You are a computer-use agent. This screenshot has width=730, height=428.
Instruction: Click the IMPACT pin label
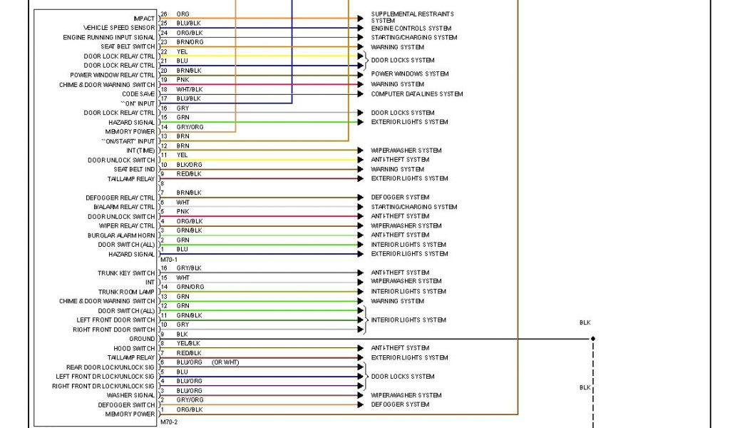coord(143,18)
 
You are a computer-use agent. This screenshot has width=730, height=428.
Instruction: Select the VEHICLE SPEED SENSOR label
coord(119,28)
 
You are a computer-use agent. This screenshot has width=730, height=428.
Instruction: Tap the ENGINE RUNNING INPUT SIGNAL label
coord(108,37)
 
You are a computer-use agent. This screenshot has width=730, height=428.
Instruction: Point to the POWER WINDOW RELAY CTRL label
coord(112,75)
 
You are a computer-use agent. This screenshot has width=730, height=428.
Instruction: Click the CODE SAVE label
coord(138,93)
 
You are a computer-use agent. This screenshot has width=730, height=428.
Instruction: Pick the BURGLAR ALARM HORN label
coord(121,235)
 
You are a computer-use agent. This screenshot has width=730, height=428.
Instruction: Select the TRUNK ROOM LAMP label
coord(126,292)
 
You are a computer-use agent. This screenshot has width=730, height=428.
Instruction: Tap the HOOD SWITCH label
coord(135,348)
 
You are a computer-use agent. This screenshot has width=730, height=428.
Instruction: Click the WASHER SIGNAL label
coord(130,395)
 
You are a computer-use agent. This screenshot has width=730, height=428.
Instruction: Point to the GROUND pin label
coord(142,339)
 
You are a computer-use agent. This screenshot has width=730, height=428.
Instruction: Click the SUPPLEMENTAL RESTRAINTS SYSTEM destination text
coord(412,17)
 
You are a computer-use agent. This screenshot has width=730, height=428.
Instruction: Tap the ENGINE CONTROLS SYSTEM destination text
coord(411,29)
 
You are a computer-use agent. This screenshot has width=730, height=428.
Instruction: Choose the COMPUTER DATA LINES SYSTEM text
coord(416,94)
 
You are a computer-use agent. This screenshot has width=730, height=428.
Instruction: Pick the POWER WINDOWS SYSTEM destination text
coord(409,74)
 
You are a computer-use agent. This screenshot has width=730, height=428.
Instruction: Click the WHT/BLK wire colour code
coord(189,89)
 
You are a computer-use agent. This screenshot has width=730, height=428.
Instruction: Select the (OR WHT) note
coord(225,362)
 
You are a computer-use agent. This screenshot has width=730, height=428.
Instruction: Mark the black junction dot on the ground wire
coord(592,339)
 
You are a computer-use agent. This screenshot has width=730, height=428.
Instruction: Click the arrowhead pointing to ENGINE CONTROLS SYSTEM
coord(360,29)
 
